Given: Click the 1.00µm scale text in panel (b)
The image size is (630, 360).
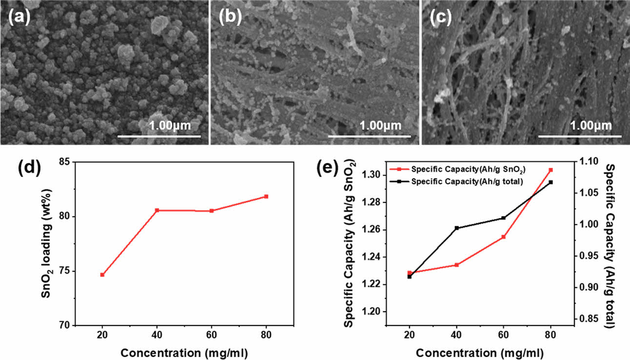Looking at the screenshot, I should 380,126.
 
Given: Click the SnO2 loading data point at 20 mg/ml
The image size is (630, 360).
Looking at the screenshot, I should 102,275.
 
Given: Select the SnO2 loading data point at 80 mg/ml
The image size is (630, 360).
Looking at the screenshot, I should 266,197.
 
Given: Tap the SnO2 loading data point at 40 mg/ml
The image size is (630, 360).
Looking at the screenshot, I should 157,210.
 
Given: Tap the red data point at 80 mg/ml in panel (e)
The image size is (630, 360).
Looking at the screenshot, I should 551,170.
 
